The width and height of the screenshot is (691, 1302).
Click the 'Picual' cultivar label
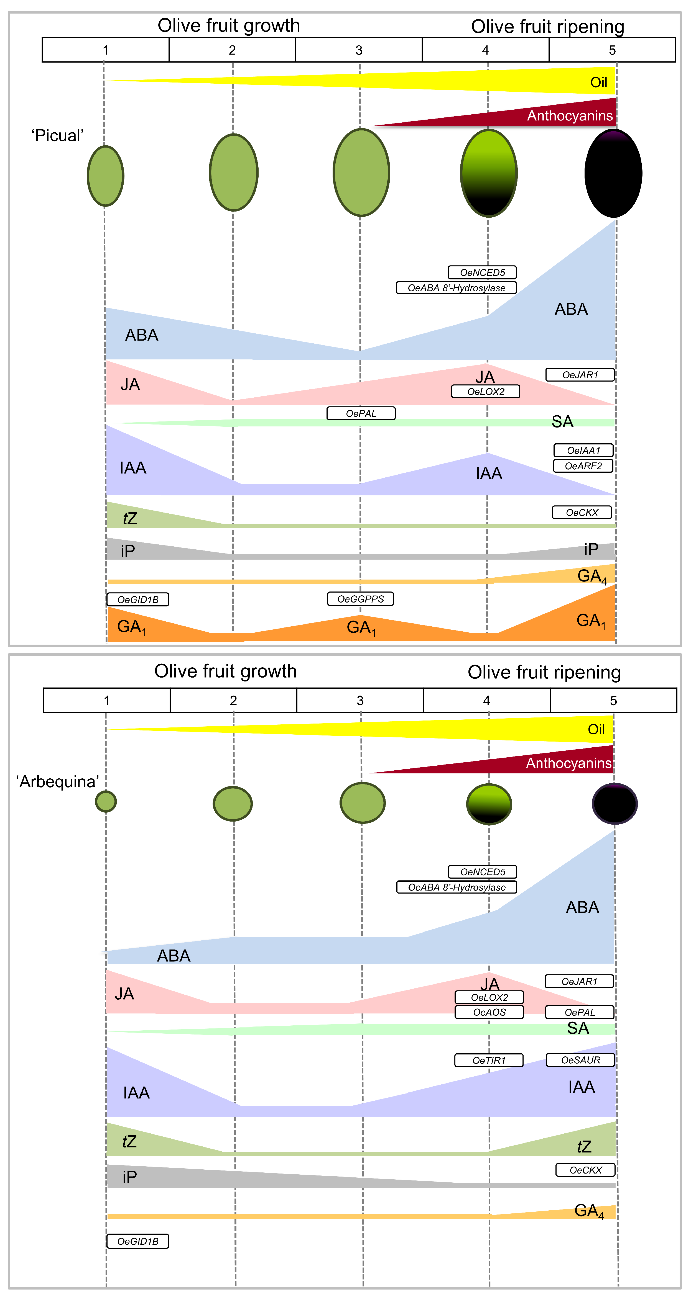[57, 135]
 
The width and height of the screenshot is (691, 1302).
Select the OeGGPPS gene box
[361, 599]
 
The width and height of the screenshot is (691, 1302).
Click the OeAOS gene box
[489, 1012]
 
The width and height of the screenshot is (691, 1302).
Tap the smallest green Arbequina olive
[106, 801]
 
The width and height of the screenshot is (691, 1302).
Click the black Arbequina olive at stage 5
[614, 804]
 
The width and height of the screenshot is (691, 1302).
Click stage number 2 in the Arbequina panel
[233, 701]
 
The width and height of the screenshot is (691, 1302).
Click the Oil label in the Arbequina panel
[596, 729]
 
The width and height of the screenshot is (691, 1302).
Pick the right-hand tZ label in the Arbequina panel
[584, 1146]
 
